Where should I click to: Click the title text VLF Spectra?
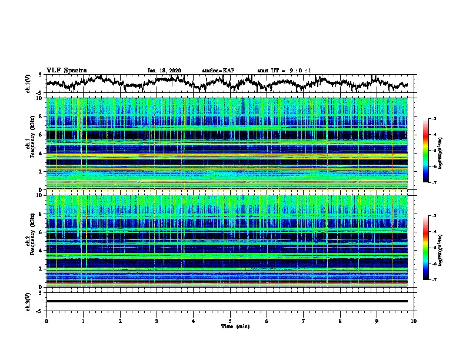tap(66, 70)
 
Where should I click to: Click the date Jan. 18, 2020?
tap(164, 71)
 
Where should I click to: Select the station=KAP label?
tap(218, 71)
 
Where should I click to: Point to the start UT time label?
tap(284, 71)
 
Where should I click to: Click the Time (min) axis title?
tap(230, 326)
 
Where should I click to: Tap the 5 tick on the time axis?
tap(230, 321)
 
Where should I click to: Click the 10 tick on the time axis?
tap(414, 321)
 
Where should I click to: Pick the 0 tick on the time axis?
tap(46, 321)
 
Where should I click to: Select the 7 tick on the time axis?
tap(304, 321)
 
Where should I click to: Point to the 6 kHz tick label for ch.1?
tap(41, 135)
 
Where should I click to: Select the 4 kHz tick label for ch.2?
tap(41, 250)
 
